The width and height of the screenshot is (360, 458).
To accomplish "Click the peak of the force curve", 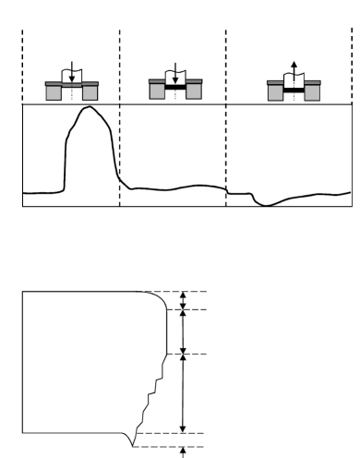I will pyautogui.click(x=88, y=108).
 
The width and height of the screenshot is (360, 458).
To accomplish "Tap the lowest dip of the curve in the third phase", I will pyautogui.click(x=265, y=205).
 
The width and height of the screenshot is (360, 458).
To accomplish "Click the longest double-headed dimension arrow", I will pyautogui.click(x=183, y=393).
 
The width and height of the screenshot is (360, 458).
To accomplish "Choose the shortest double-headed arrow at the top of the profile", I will pyautogui.click(x=183, y=300).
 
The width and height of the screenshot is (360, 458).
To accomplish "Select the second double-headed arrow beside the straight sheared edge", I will pyautogui.click(x=183, y=331).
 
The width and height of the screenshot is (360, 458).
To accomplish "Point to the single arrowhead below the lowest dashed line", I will pyautogui.click(x=183, y=452).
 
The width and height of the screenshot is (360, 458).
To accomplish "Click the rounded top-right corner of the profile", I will pyautogui.click(x=159, y=297).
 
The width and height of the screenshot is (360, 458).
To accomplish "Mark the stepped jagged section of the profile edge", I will pyautogui.click(x=148, y=397).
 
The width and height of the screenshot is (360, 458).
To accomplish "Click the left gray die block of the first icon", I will pyautogui.click(x=54, y=93).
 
